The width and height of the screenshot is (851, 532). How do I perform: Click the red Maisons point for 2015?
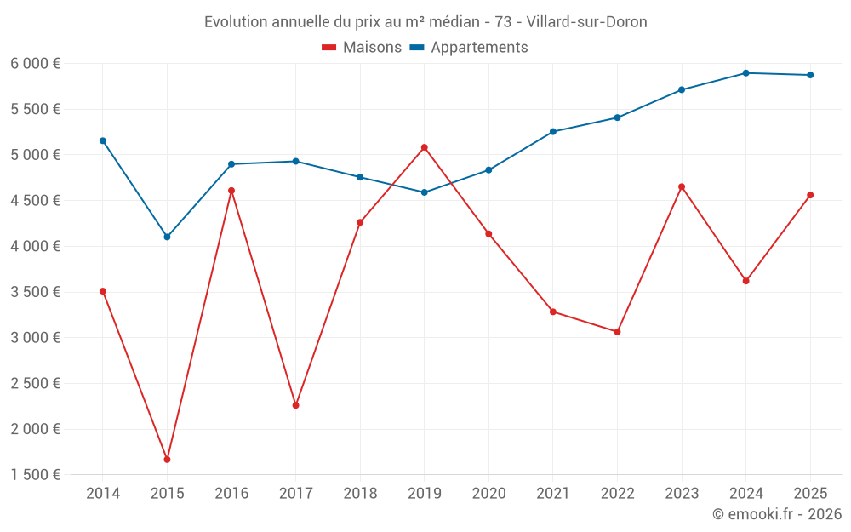(x=167, y=460)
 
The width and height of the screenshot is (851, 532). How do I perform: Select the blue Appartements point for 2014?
(x=103, y=140)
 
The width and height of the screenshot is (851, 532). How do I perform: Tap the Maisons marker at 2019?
(x=425, y=147)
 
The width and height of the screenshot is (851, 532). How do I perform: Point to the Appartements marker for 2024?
(x=745, y=73)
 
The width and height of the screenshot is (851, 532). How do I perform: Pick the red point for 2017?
(x=295, y=405)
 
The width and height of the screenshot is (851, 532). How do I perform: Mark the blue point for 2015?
(x=167, y=237)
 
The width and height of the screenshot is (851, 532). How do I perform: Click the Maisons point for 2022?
(x=617, y=332)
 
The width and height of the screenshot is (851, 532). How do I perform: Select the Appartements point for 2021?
(x=553, y=132)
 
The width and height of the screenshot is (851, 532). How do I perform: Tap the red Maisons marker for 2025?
(x=810, y=195)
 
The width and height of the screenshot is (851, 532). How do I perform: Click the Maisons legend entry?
(x=362, y=48)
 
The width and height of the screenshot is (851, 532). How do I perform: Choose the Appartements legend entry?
(x=469, y=48)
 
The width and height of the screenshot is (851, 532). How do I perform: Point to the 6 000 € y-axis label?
(x=35, y=64)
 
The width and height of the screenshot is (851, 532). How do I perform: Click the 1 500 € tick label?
(x=35, y=475)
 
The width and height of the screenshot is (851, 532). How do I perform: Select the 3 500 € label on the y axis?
(x=35, y=292)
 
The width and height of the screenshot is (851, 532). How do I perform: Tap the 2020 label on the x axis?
(x=488, y=493)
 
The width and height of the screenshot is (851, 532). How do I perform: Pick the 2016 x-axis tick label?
(x=231, y=493)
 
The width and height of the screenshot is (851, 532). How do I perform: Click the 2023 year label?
(x=682, y=493)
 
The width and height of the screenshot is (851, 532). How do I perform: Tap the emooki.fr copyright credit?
(x=777, y=514)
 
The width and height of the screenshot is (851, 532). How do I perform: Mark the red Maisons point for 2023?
(x=682, y=186)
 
